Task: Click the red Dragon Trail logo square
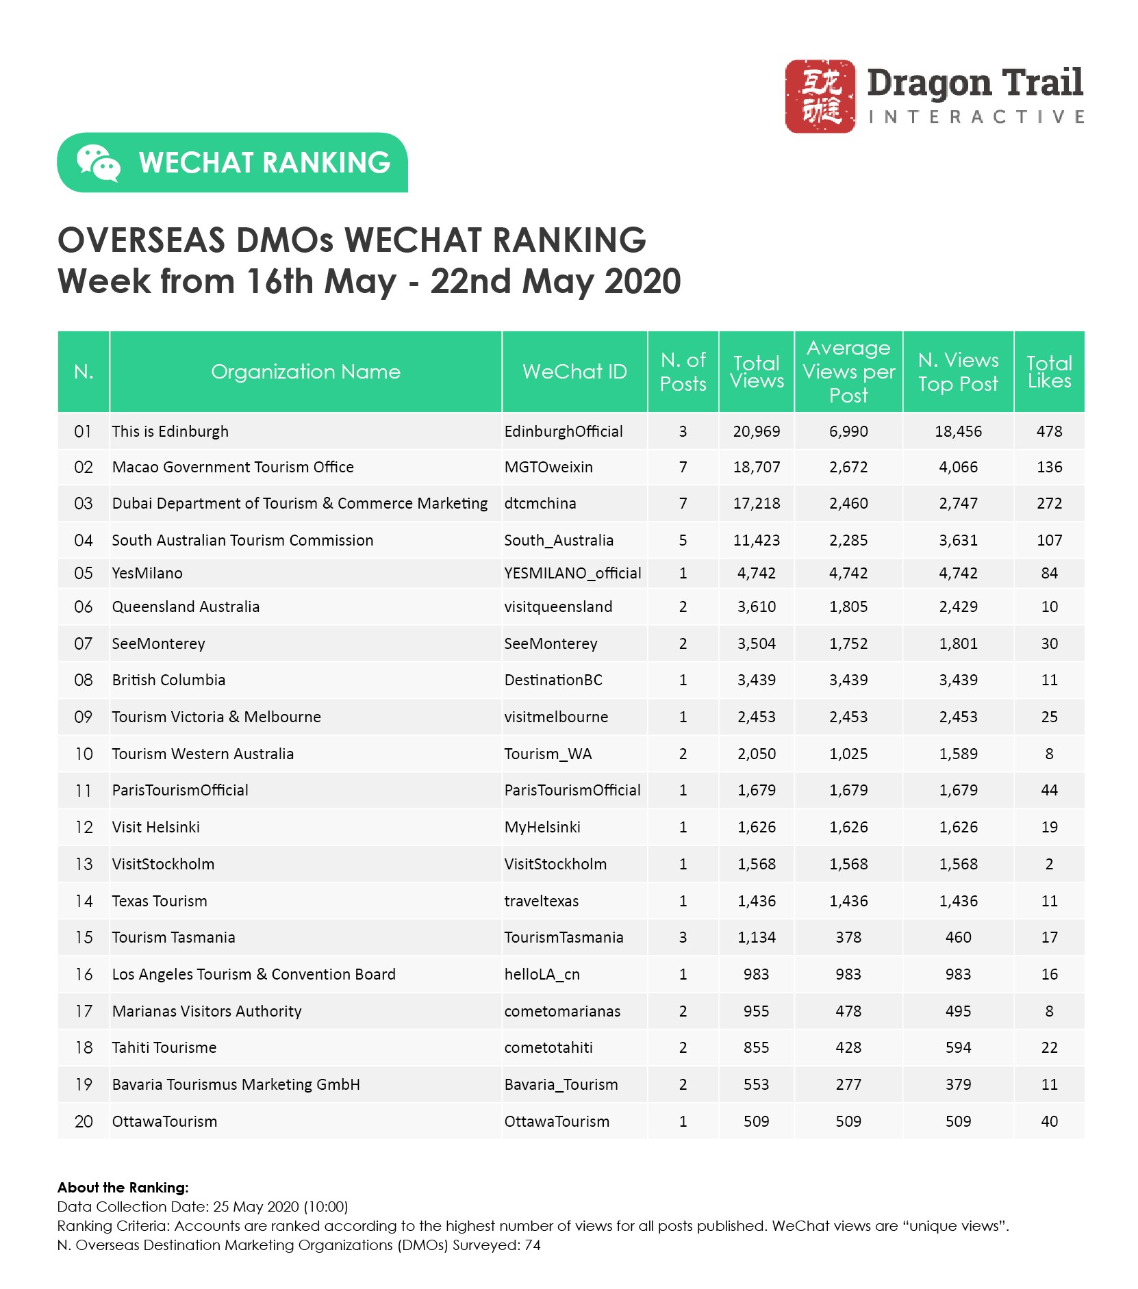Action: [x=820, y=96]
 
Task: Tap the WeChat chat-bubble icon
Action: [x=98, y=163]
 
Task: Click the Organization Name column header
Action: [x=305, y=372]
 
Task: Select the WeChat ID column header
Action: [x=574, y=372]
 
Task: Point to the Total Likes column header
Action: [x=1049, y=372]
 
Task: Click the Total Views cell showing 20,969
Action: [x=756, y=431]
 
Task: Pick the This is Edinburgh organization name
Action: [x=170, y=431]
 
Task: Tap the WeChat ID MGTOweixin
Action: [x=548, y=467]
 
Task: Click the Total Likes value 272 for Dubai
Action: [x=1049, y=504]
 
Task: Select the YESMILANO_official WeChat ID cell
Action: [x=572, y=573]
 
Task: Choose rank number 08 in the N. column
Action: [x=83, y=680]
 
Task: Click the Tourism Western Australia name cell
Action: [x=203, y=754]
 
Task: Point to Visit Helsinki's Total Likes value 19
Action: [x=1049, y=827]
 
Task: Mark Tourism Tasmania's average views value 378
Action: [x=848, y=937]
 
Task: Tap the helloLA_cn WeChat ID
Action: [x=542, y=974]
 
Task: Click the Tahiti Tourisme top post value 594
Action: [x=958, y=1047]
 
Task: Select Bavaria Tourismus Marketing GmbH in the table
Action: [x=236, y=1084]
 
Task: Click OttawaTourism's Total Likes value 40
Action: [x=1049, y=1121]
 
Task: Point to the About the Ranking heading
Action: [x=123, y=1188]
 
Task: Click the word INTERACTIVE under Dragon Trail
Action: [x=976, y=117]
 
